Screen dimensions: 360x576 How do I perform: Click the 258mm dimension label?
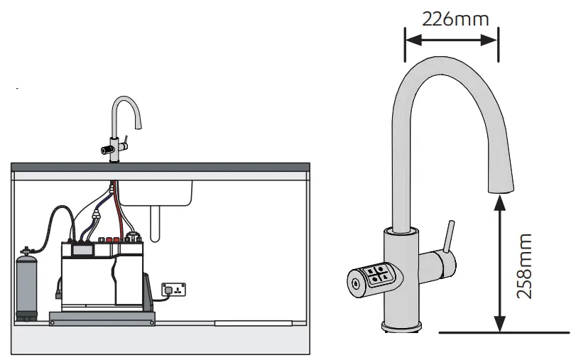(525, 266)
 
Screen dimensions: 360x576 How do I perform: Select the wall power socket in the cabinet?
(173, 289)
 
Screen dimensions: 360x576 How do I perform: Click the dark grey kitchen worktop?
(161, 167)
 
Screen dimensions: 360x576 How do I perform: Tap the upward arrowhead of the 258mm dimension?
(501, 201)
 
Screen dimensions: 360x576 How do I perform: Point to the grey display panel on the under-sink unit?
(83, 251)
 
